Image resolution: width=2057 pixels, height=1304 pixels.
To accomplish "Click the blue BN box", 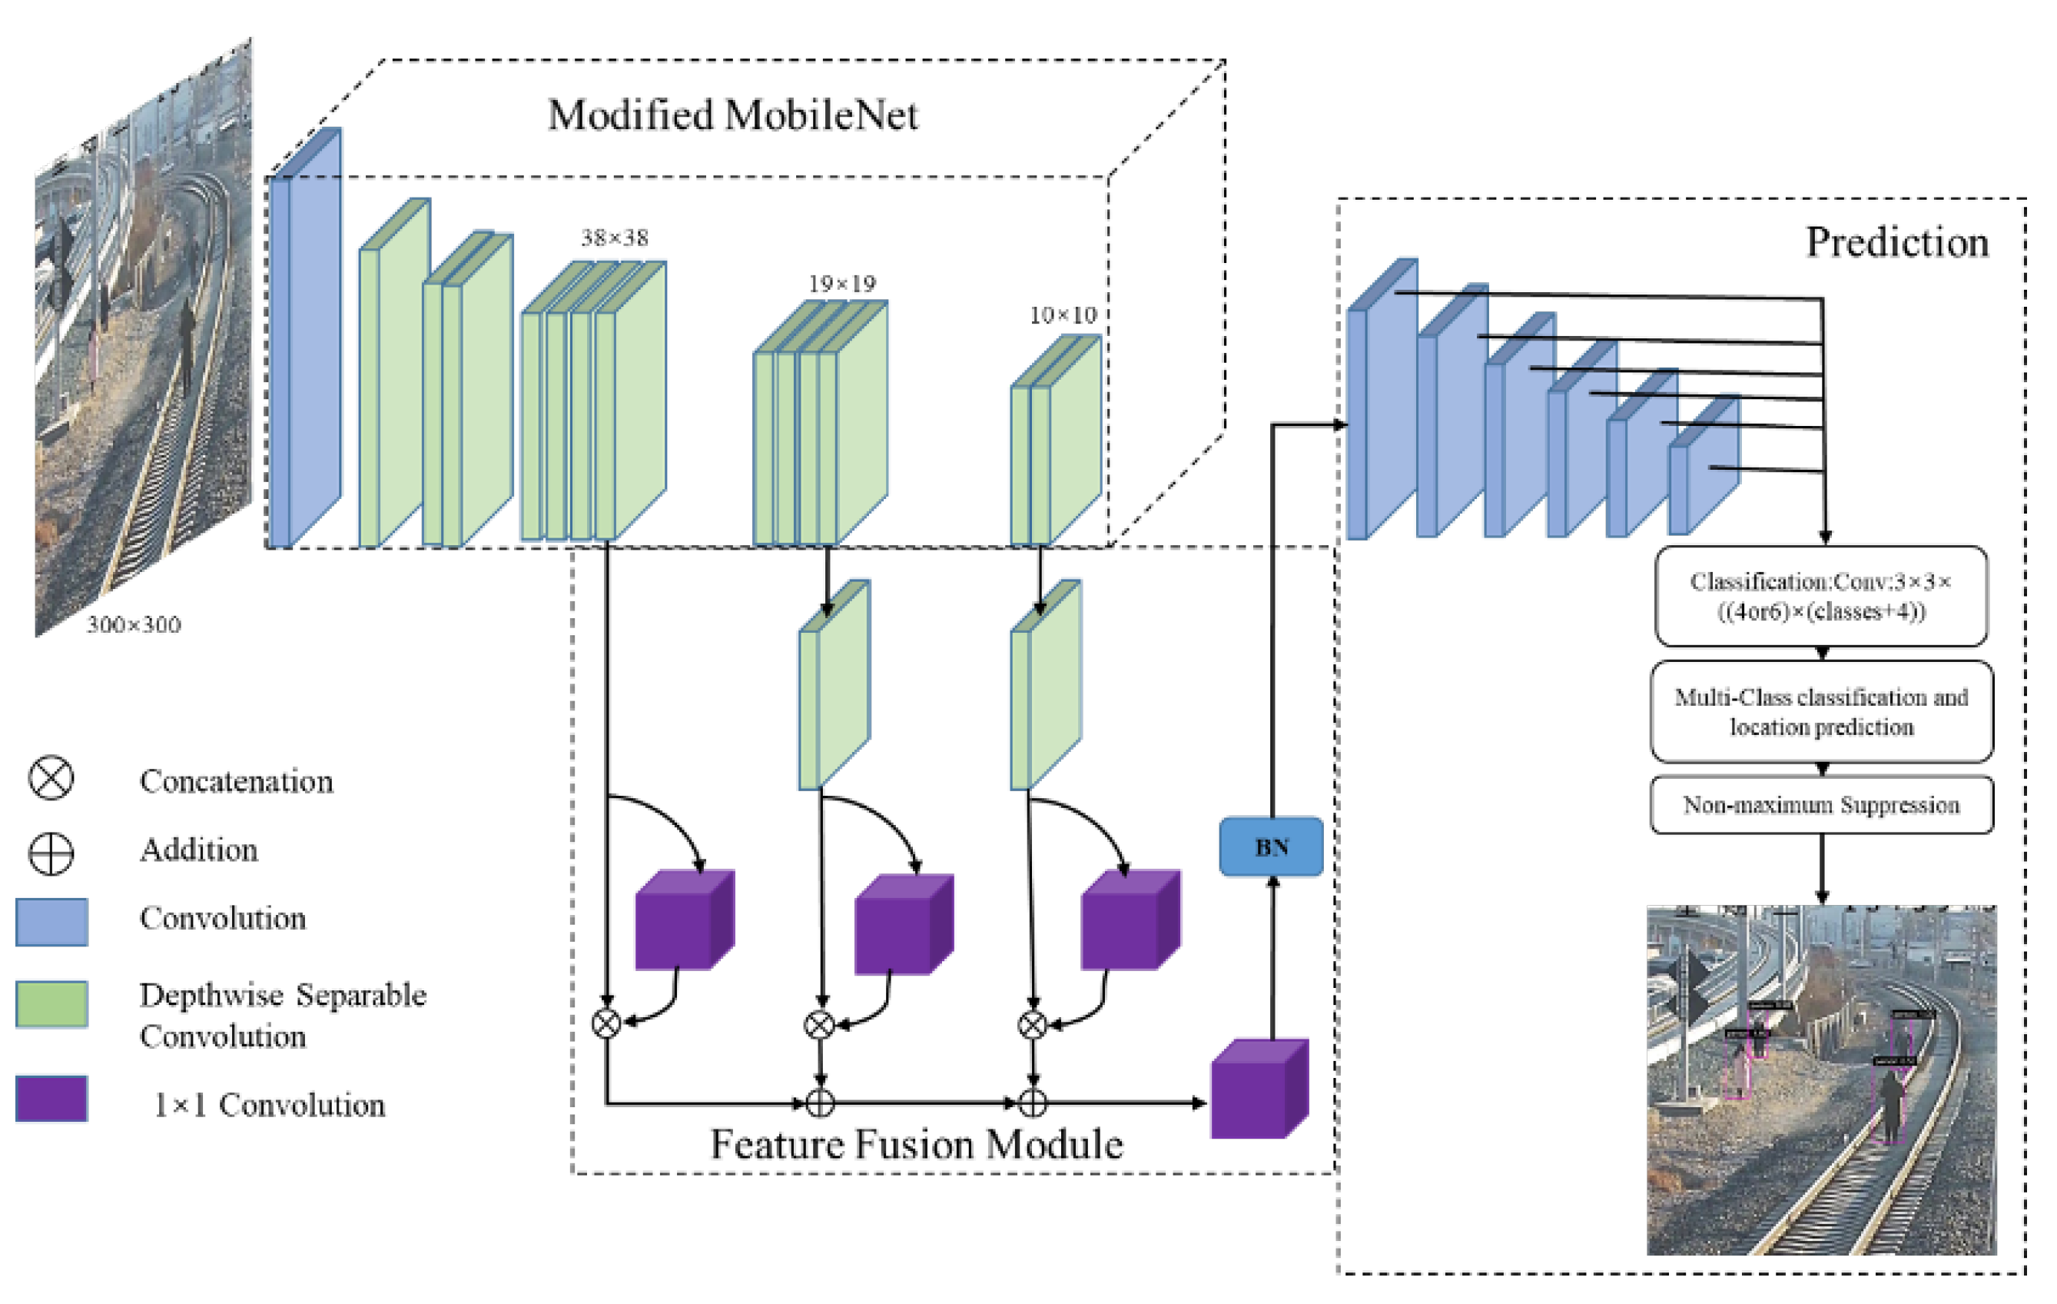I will pyautogui.click(x=1270, y=847).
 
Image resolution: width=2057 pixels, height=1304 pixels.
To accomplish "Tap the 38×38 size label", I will pyautogui.click(x=614, y=238).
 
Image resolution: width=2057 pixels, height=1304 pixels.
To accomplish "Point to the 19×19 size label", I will pyautogui.click(x=841, y=284).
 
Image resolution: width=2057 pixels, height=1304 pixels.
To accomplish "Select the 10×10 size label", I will pyautogui.click(x=1062, y=315).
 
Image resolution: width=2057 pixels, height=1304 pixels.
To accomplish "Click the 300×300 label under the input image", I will pyautogui.click(x=134, y=624).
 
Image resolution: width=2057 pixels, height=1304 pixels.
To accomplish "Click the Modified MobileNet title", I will pyautogui.click(x=732, y=115).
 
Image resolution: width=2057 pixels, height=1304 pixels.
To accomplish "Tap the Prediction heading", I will pyautogui.click(x=1896, y=242).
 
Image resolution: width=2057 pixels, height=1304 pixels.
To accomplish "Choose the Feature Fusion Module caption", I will pyautogui.click(x=916, y=1144).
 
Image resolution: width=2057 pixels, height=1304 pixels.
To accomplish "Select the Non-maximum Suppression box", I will pyautogui.click(x=1821, y=805).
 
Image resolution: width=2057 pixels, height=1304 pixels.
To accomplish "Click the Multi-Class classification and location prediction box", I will pyautogui.click(x=1821, y=712).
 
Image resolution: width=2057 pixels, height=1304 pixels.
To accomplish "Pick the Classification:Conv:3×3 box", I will pyautogui.click(x=1820, y=597).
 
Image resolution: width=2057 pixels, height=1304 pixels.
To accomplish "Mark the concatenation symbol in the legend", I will pyautogui.click(x=51, y=778).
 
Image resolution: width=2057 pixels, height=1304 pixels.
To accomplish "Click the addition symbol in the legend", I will pyautogui.click(x=51, y=853).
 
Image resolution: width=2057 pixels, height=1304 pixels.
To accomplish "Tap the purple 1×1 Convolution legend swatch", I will pyautogui.click(x=51, y=1099).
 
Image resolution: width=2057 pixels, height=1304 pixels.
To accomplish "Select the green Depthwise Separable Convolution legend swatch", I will pyautogui.click(x=51, y=1004).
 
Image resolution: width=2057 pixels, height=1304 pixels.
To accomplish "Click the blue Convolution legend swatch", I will pyautogui.click(x=51, y=922).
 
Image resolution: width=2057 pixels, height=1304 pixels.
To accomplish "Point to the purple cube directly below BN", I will pyautogui.click(x=1259, y=1091).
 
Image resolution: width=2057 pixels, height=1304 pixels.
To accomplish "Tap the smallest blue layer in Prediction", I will pyautogui.click(x=1704, y=470).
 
